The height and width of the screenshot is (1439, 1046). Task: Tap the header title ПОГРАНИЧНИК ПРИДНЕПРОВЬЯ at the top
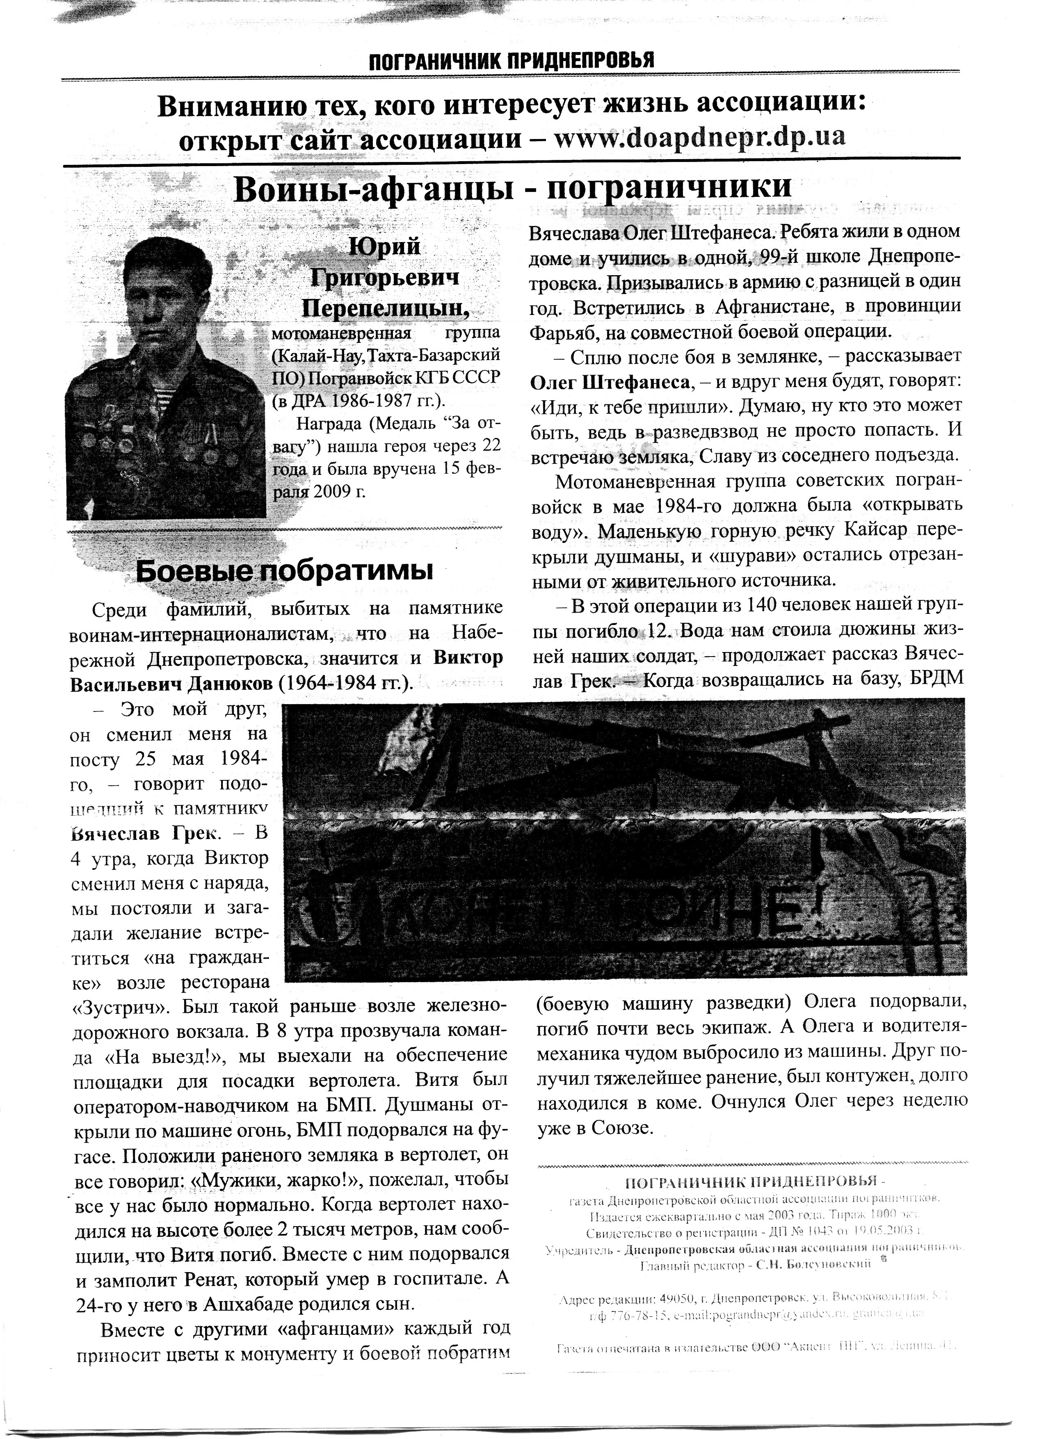[x=511, y=61]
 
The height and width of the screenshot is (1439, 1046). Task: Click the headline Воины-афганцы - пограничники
[x=513, y=189]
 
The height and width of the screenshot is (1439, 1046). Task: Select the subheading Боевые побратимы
[x=284, y=571]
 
